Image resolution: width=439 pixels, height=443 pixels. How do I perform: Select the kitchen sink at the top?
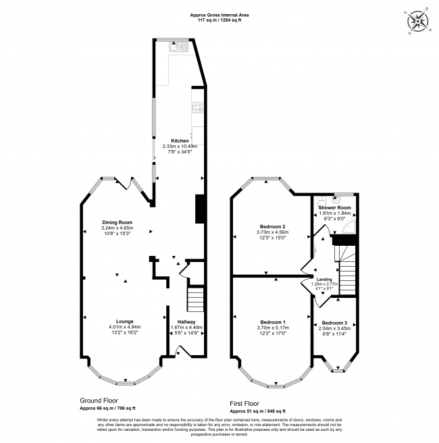[174, 47]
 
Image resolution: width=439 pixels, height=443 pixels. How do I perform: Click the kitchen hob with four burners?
[199, 108]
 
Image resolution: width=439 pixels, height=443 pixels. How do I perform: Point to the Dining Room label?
[117, 222]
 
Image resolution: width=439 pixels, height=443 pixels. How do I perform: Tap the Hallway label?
[186, 321]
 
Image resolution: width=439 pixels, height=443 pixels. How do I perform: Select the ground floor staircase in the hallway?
[195, 298]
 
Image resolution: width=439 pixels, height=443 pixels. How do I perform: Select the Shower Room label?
[336, 207]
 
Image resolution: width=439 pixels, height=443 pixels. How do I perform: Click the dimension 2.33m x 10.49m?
[179, 146]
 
